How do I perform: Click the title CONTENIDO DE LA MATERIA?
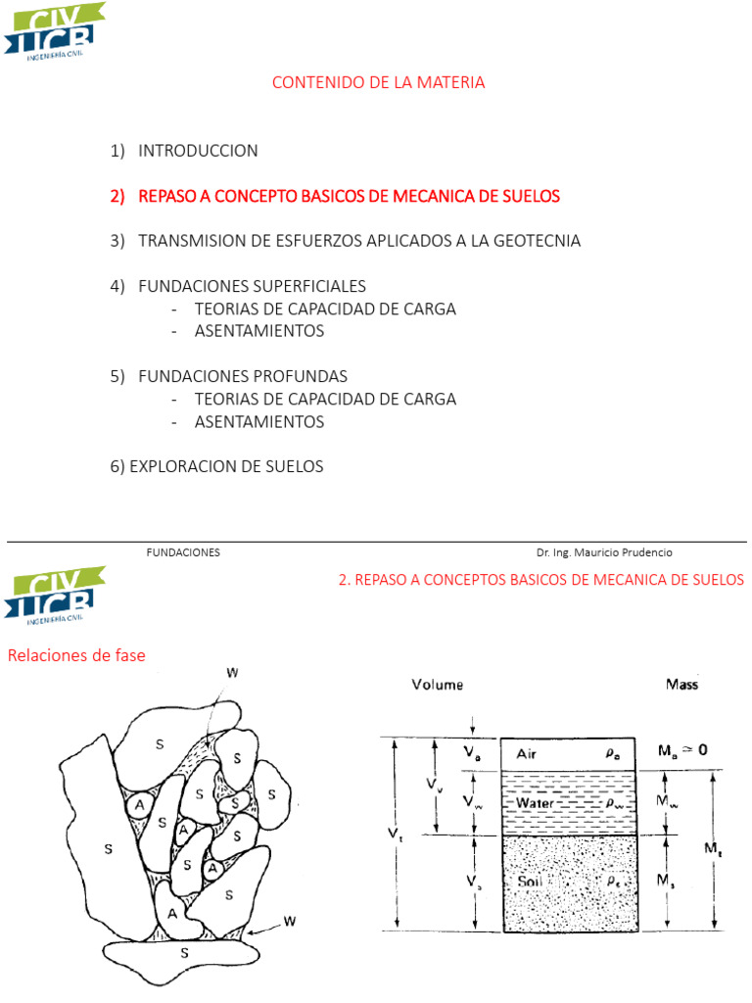click(378, 83)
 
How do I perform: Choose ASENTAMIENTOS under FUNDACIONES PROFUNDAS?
click(258, 422)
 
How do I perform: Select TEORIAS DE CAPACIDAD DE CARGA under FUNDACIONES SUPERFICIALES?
click(325, 309)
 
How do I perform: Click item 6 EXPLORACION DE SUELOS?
click(216, 467)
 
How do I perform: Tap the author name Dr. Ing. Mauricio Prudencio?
click(604, 552)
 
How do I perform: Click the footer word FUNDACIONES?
click(183, 552)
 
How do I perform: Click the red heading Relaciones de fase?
click(76, 655)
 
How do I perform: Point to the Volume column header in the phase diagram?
click(438, 685)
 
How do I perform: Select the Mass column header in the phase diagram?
click(682, 685)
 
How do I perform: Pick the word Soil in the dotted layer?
click(532, 882)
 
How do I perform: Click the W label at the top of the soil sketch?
click(232, 673)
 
